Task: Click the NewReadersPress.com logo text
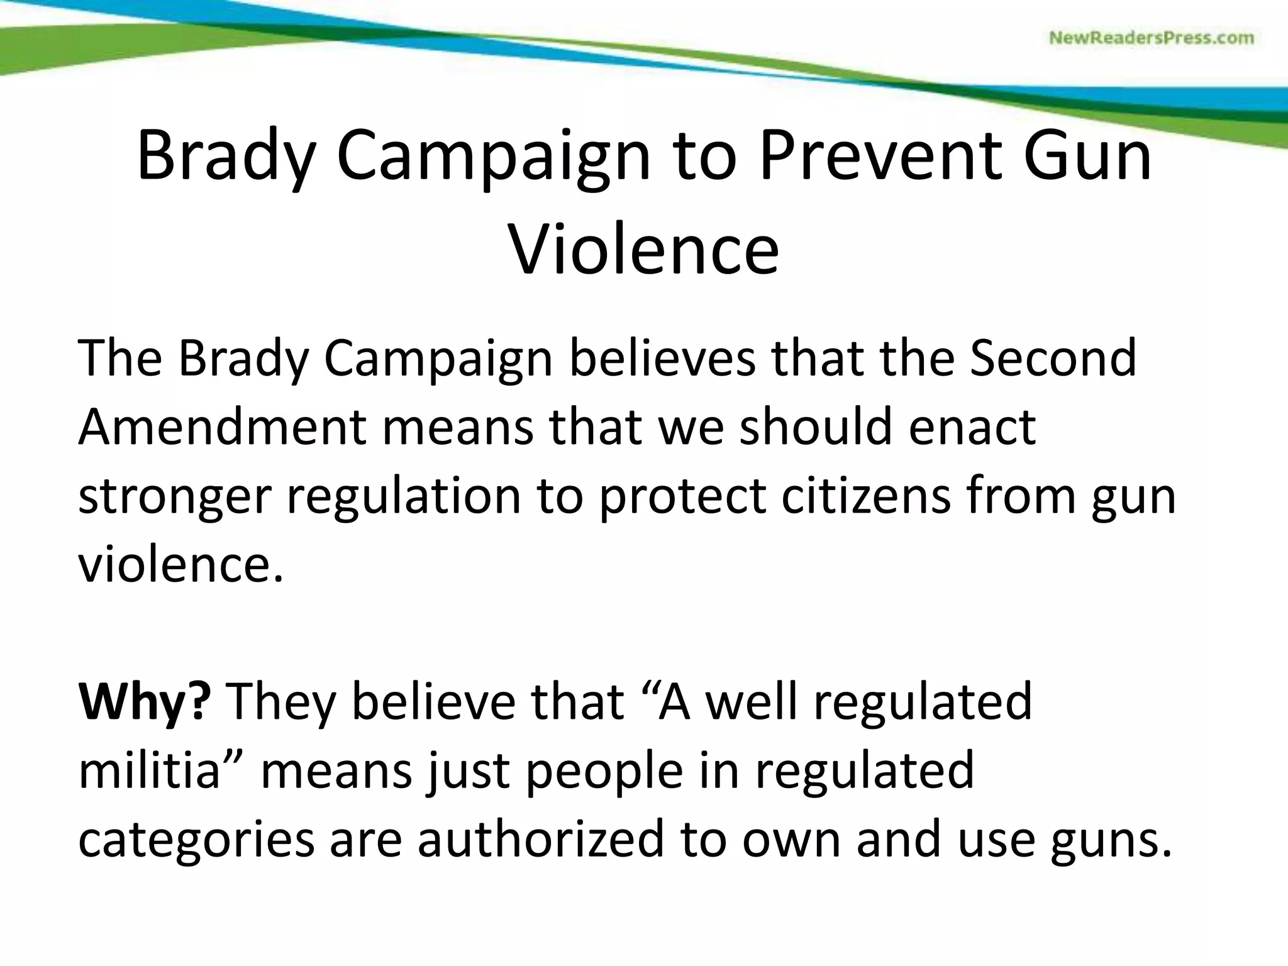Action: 1152,38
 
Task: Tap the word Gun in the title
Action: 1087,155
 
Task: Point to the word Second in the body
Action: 1053,357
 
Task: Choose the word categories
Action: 196,841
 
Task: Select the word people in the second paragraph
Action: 604,772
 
